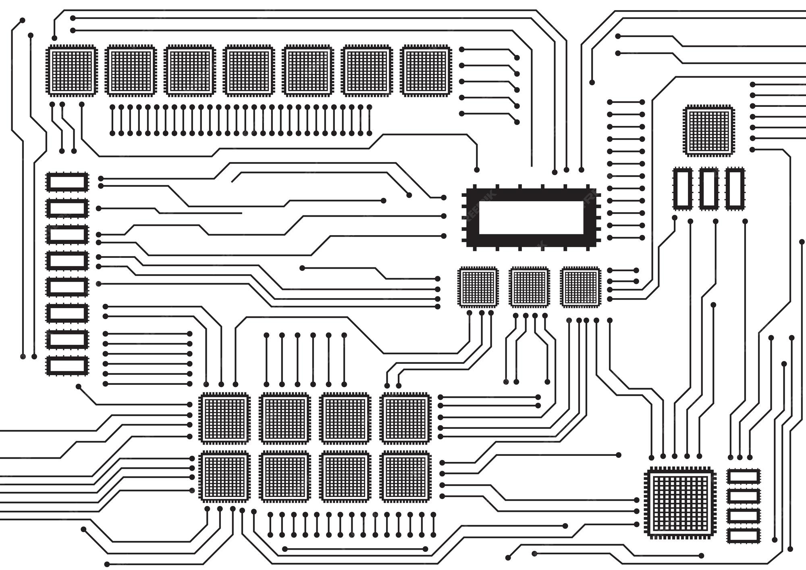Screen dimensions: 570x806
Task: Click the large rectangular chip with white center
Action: pyautogui.click(x=531, y=217)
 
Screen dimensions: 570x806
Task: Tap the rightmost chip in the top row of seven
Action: pyautogui.click(x=426, y=71)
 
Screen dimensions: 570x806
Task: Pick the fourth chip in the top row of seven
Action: pyautogui.click(x=249, y=71)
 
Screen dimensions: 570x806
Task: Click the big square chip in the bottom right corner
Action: pyautogui.click(x=680, y=503)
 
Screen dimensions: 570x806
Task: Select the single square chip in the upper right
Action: pyautogui.click(x=709, y=131)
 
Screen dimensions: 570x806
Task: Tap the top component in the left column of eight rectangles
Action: pyautogui.click(x=67, y=182)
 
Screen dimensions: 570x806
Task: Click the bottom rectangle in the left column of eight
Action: pyautogui.click(x=67, y=366)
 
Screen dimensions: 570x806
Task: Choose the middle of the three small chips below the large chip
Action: pyautogui.click(x=529, y=287)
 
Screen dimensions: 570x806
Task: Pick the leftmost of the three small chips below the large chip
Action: pyautogui.click(x=478, y=287)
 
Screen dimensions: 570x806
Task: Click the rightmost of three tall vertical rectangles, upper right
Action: pyautogui.click(x=735, y=189)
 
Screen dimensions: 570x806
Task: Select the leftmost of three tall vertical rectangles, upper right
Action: pyautogui.click(x=683, y=189)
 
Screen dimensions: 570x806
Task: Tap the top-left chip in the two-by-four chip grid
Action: pyautogui.click(x=224, y=418)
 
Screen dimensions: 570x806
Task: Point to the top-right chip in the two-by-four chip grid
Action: pyautogui.click(x=405, y=418)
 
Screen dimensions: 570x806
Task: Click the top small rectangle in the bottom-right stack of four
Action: pyautogui.click(x=744, y=476)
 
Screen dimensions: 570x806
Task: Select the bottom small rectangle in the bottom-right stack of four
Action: pyautogui.click(x=744, y=536)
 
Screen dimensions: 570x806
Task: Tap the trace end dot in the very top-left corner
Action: pyautogui.click(x=23, y=20)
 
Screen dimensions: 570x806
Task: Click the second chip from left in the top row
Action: pyautogui.click(x=131, y=71)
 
